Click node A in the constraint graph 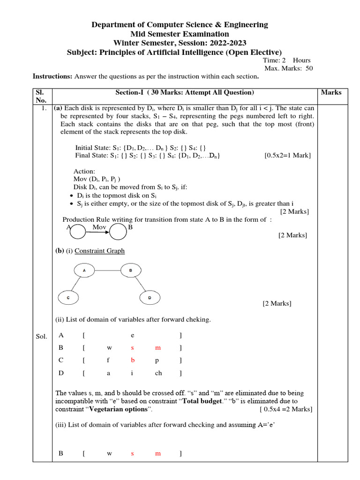tap(84, 270)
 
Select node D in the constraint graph tap(150, 297)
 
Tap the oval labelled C tap(68, 297)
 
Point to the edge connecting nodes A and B tap(107, 270)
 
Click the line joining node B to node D tap(140, 284)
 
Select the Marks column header tap(331, 92)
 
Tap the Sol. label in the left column tap(41, 336)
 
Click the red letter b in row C tap(133, 360)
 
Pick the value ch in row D tap(158, 373)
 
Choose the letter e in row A tap(133, 336)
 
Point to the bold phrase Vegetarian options tap(120, 409)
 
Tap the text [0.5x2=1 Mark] tap(287, 155)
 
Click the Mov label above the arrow tap(99, 227)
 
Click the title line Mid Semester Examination tap(180, 34)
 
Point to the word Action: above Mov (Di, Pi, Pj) tap(84, 171)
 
